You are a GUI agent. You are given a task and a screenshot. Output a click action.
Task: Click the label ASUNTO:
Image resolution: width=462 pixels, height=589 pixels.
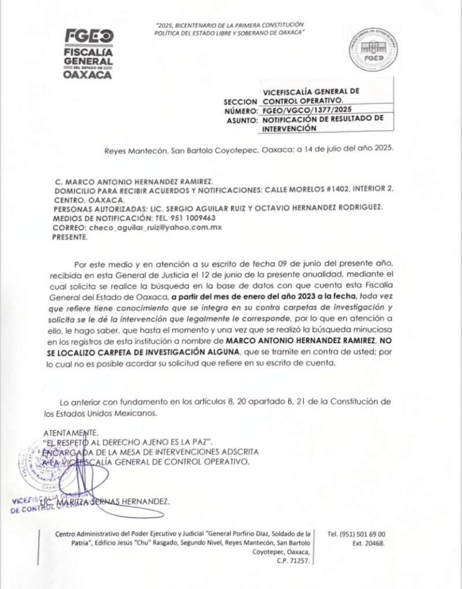pos(241,120)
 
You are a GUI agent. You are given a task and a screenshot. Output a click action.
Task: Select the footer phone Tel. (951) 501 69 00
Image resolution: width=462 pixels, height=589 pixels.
pos(357,534)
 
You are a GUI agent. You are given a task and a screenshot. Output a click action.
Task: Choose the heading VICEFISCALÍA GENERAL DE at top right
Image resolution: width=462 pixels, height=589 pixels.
pos(311,91)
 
